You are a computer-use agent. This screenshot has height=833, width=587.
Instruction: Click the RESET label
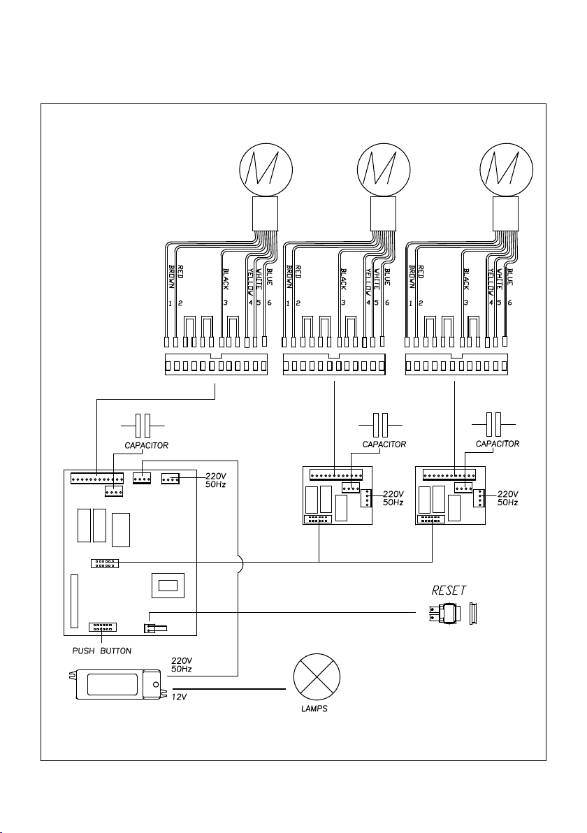[x=449, y=591]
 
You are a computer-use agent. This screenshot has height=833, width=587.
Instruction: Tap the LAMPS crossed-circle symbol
[x=317, y=677]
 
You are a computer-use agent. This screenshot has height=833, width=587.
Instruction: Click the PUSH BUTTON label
[x=102, y=651]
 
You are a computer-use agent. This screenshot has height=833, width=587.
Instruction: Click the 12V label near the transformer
[x=180, y=697]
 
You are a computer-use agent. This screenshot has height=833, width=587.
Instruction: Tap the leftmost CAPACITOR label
[x=147, y=446]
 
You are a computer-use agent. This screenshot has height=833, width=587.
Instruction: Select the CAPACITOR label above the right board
[x=498, y=444]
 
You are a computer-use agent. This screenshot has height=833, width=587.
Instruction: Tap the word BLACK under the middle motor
[x=344, y=279]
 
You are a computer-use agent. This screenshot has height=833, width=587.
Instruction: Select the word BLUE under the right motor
[x=510, y=277]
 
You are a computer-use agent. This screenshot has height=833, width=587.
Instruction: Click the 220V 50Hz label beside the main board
[x=216, y=481]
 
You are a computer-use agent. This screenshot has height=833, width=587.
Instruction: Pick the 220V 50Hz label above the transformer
[x=182, y=665]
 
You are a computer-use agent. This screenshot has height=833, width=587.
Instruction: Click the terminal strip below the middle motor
[x=334, y=365]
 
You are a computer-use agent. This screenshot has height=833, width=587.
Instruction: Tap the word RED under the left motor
[x=180, y=272]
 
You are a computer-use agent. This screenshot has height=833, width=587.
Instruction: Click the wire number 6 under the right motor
[x=510, y=303]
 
